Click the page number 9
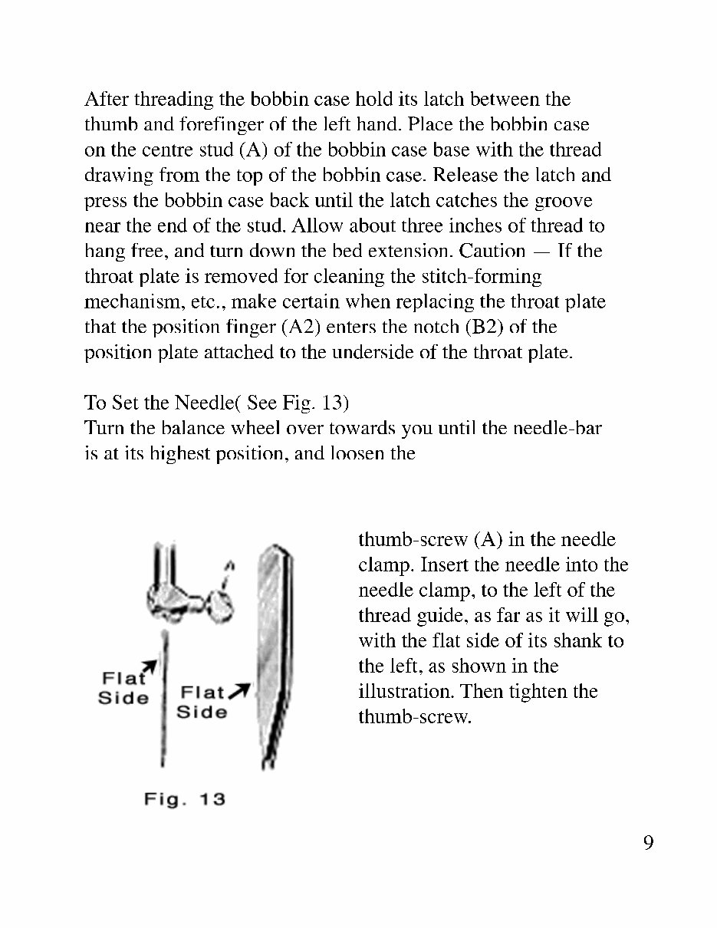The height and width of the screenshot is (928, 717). [x=648, y=844]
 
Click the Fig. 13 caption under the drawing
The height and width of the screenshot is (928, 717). [x=185, y=799]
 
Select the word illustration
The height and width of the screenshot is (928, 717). [x=407, y=692]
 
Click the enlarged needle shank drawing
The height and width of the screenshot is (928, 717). [x=272, y=652]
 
